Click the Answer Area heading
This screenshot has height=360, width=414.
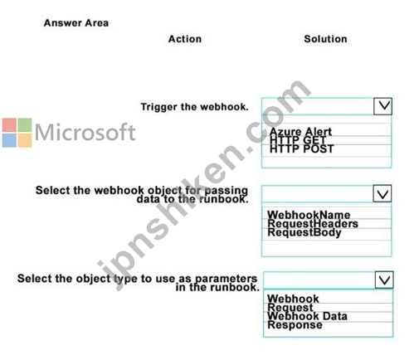pos(76,23)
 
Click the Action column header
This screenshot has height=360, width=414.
pos(185,39)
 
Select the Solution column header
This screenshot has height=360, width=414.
pos(325,39)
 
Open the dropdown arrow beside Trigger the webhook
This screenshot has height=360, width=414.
pos(382,106)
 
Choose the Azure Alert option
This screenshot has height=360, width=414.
pos(300,131)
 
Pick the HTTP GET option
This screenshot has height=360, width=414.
pos(298,140)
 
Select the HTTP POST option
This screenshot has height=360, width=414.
pos(302,149)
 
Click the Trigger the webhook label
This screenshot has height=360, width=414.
pos(194,107)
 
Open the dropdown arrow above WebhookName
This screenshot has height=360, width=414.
pos(382,193)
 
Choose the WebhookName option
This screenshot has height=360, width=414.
pos(309,215)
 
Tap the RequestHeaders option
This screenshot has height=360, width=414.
pos(313,223)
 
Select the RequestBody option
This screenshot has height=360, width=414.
pos(304,232)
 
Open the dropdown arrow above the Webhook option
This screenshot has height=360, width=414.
pos(384,280)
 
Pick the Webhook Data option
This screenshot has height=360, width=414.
pos(307,316)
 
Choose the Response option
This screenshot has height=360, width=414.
pos(295,325)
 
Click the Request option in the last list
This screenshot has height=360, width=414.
pos(290,307)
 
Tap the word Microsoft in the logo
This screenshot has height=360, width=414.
pos(85,132)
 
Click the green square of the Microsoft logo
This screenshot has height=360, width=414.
pos(25,125)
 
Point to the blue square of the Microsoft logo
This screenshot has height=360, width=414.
pos(9,140)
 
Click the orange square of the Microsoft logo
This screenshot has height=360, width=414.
pos(25,140)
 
